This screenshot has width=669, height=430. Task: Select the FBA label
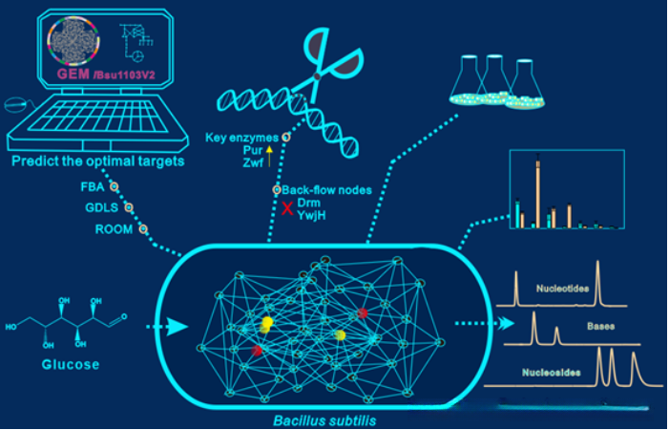coord(94,187)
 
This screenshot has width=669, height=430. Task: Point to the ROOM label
coord(115,229)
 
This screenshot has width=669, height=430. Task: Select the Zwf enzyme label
coord(253,163)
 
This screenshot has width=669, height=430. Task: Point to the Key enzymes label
coord(241,137)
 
